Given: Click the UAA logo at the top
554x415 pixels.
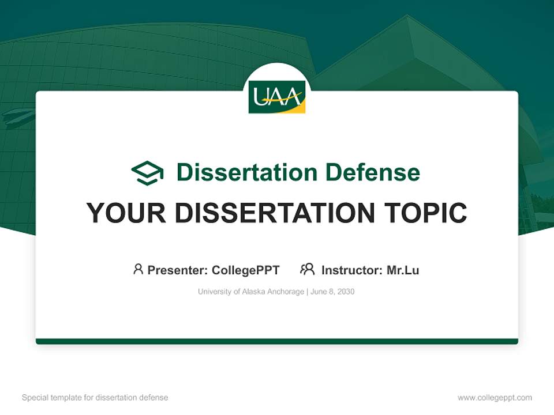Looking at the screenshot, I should pos(277,97).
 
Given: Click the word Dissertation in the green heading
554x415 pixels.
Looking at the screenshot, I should pos(246,172).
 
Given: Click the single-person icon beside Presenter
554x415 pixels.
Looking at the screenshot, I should pos(138,269).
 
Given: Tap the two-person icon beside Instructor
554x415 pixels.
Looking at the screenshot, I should pos(308,269).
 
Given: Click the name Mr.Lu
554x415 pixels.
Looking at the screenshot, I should pos(403,270).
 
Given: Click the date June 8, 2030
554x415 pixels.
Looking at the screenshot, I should pos(332,292).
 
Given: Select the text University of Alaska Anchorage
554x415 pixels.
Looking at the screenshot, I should pos(250,292).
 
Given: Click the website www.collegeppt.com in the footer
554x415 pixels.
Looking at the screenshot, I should pos(495,398).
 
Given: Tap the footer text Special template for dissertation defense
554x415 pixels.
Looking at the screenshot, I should pos(95,398).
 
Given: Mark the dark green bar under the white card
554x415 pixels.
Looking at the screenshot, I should pos(277,341).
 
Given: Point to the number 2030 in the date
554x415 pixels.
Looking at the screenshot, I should pos(346,292).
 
